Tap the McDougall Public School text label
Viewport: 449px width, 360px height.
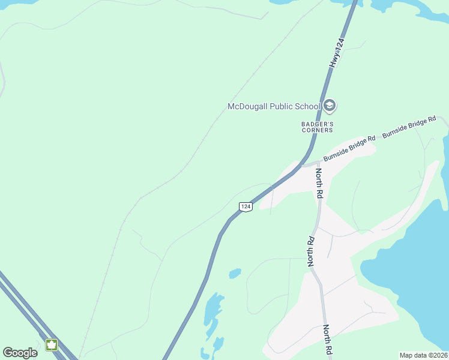tap(274, 107)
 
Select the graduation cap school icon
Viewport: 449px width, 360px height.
tap(330, 106)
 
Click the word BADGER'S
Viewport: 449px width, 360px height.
tap(317, 124)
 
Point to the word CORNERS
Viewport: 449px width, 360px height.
tap(317, 130)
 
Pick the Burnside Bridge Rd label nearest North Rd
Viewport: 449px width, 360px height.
tap(349, 148)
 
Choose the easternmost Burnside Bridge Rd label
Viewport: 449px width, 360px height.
tap(409, 128)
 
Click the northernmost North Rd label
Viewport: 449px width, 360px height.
tap(319, 184)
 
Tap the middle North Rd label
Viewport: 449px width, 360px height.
tap(311, 250)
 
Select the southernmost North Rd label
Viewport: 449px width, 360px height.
tap(327, 339)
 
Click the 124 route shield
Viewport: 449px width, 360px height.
tap(246, 206)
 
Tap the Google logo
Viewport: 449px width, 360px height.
tap(20, 353)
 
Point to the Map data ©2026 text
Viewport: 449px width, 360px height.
tap(423, 355)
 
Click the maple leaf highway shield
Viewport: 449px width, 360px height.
tap(52, 345)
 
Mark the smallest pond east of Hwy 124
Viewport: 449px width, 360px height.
tap(235, 274)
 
